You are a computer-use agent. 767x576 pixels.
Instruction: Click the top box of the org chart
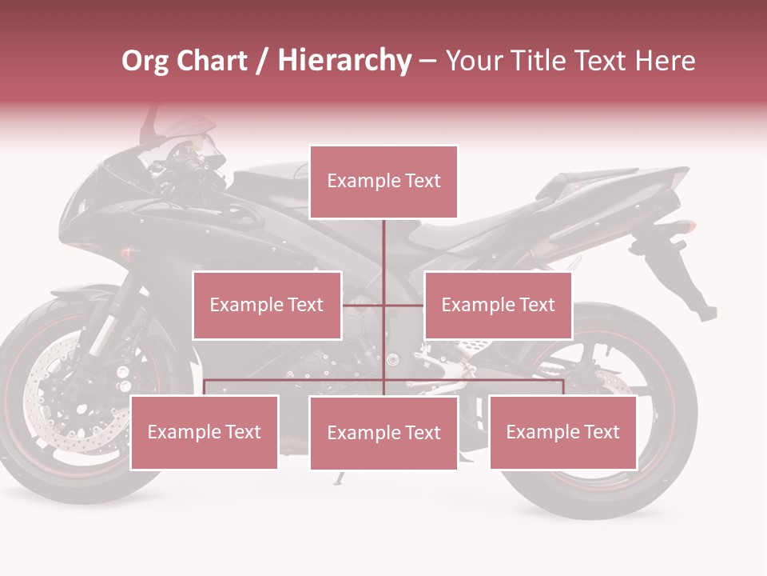(383, 182)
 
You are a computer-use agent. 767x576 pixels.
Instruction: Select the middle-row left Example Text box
(267, 305)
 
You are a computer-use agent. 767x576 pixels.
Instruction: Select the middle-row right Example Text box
(498, 305)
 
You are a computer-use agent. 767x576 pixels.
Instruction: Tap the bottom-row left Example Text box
(205, 432)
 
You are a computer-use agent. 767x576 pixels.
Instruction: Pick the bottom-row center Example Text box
(383, 433)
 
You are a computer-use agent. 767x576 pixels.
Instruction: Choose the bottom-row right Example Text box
(562, 432)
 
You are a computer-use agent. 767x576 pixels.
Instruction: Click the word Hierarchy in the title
(344, 61)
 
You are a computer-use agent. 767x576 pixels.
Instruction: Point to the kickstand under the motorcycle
(340, 478)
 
